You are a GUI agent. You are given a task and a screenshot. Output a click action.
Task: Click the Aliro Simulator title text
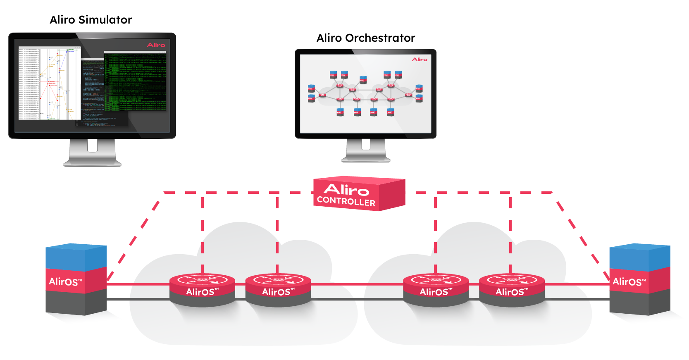pyautogui.click(x=91, y=20)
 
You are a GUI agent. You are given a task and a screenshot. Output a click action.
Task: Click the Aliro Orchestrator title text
pyautogui.click(x=365, y=38)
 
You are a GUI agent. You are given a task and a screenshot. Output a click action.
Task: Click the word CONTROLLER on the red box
pyautogui.click(x=346, y=201)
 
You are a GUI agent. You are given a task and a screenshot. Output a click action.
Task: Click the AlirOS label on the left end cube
pyautogui.click(x=66, y=282)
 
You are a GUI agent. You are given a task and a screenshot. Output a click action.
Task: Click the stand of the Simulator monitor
pyautogui.click(x=92, y=153)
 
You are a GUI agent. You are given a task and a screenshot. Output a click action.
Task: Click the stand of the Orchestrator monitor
pyautogui.click(x=366, y=151)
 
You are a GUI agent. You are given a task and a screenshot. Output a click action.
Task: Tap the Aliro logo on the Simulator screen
pyautogui.click(x=156, y=45)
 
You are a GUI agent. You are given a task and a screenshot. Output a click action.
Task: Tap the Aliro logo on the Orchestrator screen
pyautogui.click(x=420, y=60)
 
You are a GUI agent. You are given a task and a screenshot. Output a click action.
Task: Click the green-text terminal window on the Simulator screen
pyautogui.click(x=135, y=81)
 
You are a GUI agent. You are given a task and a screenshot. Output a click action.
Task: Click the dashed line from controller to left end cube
pyautogui.click(x=136, y=236)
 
